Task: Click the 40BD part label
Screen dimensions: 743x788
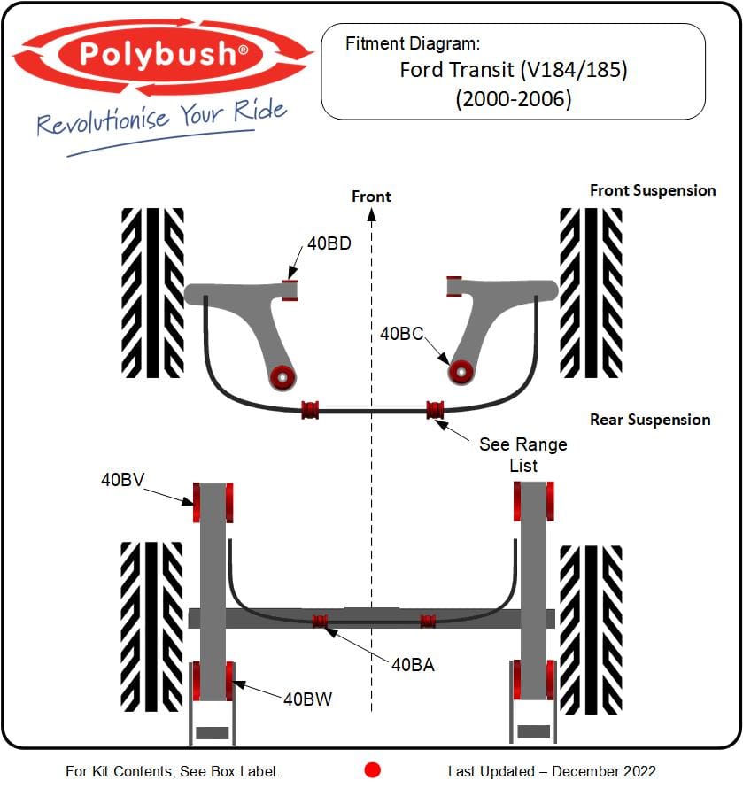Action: pyautogui.click(x=329, y=243)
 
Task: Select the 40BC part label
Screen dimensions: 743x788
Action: pyautogui.click(x=402, y=334)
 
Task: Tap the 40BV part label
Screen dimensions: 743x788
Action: pyautogui.click(x=123, y=480)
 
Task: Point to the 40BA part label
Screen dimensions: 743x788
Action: pyautogui.click(x=413, y=665)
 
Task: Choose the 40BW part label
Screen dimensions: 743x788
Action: pyautogui.click(x=307, y=699)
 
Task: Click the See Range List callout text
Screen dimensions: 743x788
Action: pyautogui.click(x=523, y=455)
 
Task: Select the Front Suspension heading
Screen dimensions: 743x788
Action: pyautogui.click(x=653, y=190)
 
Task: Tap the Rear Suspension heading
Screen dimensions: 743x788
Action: pyautogui.click(x=650, y=420)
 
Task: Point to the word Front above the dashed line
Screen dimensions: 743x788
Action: pyautogui.click(x=371, y=197)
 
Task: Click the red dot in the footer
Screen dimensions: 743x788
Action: pyautogui.click(x=373, y=770)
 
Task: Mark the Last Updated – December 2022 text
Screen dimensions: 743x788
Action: pyautogui.click(x=552, y=771)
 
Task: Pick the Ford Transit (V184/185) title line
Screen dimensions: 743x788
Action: pyautogui.click(x=514, y=70)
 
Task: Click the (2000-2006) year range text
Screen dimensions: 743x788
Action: pyautogui.click(x=514, y=99)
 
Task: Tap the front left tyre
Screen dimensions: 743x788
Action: pyautogui.click(x=153, y=293)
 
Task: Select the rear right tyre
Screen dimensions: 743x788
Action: pyautogui.click(x=591, y=630)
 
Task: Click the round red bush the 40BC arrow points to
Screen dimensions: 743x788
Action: pyautogui.click(x=461, y=373)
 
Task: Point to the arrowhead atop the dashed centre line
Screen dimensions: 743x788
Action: pyautogui.click(x=372, y=215)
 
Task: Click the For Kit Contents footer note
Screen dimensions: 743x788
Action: pyautogui.click(x=173, y=771)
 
